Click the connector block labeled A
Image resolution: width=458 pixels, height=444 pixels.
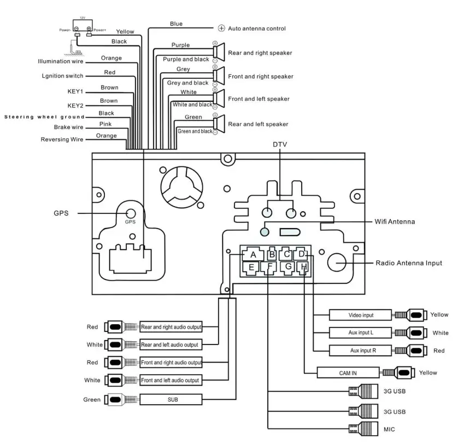coord(253,255)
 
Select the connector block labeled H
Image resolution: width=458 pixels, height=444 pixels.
coord(304,267)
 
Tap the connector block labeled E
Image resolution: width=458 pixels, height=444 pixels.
coord(251,267)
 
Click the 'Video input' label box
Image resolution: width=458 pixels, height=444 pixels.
coord(360,315)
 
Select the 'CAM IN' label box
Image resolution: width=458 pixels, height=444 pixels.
coord(348,372)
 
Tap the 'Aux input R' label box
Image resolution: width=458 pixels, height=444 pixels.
coord(360,350)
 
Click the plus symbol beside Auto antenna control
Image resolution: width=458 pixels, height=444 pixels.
coord(221,28)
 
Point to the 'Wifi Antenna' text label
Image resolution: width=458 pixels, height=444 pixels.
coord(395,222)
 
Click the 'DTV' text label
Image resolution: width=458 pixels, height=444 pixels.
coord(280,144)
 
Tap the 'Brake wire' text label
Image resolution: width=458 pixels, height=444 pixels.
coord(69,127)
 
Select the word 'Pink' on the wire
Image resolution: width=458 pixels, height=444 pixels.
coord(105,125)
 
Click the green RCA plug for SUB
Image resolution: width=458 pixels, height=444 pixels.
coord(115,400)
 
